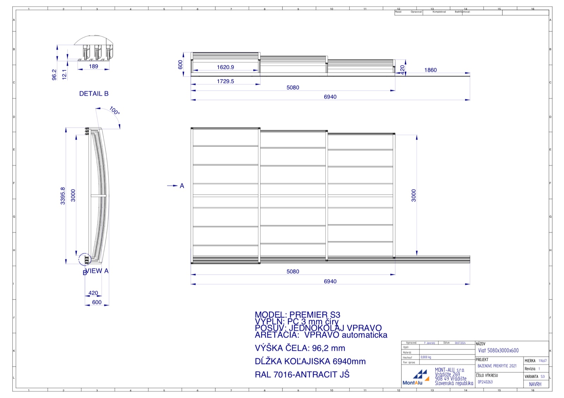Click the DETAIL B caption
pos(94,94)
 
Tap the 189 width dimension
pos(93,66)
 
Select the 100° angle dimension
pos(115,111)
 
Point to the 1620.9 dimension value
pos(225,67)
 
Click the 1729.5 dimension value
pos(225,81)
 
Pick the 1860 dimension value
pos(430,70)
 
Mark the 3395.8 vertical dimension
pos(63,196)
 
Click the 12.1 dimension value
pos(64,74)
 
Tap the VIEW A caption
pos(97,271)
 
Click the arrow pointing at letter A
pos(172,186)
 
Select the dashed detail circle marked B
pos(85,259)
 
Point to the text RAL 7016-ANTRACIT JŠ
pos(302,374)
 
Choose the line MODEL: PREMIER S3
pos(298,314)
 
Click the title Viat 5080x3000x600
pos(498,350)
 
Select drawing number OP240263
pos(485,382)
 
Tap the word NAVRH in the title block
pos(535,384)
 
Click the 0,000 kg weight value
pos(426,357)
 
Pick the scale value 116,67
pos(542,361)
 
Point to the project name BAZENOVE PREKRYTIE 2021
pos(497,366)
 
